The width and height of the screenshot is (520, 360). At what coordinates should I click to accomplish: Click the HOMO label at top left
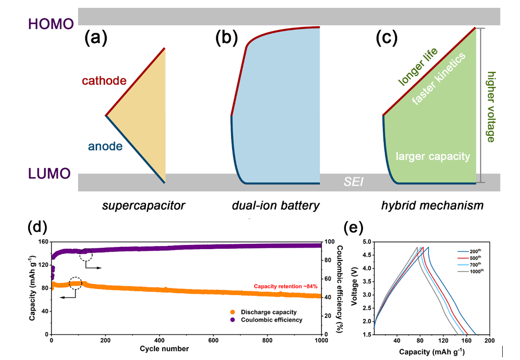click(x=51, y=24)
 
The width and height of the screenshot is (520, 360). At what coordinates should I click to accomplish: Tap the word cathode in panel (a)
click(x=104, y=81)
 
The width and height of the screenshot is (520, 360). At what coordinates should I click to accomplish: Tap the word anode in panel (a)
click(x=105, y=146)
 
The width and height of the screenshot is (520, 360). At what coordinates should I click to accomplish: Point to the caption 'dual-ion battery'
click(x=276, y=205)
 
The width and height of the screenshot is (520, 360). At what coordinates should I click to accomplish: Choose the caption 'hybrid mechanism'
click(x=432, y=205)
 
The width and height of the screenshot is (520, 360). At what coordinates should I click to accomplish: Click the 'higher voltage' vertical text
click(x=490, y=106)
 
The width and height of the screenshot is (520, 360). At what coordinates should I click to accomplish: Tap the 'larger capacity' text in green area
click(x=432, y=157)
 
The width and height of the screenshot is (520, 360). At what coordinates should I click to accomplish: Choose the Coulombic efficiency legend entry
click(x=266, y=320)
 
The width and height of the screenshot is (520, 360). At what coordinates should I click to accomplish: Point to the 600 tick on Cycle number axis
click(x=267, y=341)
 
